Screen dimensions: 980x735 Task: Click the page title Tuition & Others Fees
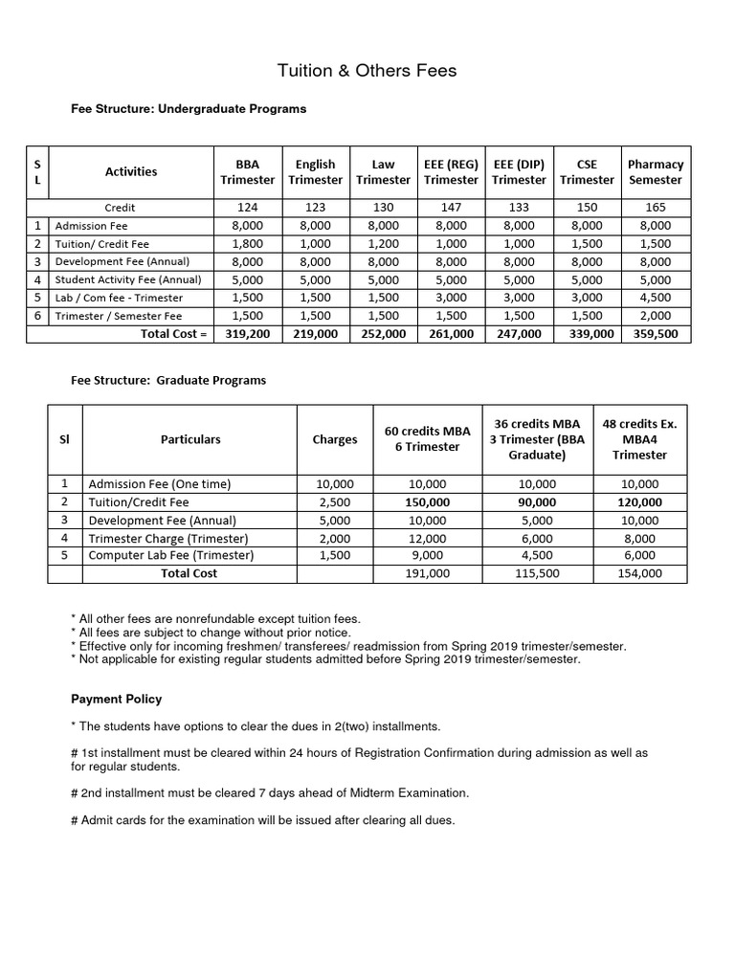tap(367, 70)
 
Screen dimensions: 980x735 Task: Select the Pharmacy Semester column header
tap(656, 171)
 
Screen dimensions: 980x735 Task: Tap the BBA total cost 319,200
tap(248, 334)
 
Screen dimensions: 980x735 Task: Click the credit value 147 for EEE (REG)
tap(451, 207)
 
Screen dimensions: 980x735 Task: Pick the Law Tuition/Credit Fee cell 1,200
tap(383, 243)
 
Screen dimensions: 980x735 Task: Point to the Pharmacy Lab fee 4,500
tap(656, 298)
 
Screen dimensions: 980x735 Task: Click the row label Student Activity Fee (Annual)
tap(128, 279)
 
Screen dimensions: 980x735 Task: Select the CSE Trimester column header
tap(587, 171)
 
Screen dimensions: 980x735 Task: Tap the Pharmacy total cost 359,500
tap(656, 334)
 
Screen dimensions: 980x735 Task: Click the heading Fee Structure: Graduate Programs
tap(168, 380)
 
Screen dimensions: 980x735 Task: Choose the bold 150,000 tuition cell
tap(427, 501)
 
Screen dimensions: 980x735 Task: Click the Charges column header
tap(335, 439)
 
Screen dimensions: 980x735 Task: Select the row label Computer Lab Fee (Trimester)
tap(171, 555)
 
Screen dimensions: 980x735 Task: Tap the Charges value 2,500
tap(335, 501)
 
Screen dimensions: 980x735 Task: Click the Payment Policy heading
tap(117, 699)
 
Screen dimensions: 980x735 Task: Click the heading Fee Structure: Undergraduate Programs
tap(189, 109)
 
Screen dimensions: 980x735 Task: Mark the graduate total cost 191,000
tap(427, 573)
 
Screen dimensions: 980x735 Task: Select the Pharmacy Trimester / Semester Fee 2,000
tap(656, 316)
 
